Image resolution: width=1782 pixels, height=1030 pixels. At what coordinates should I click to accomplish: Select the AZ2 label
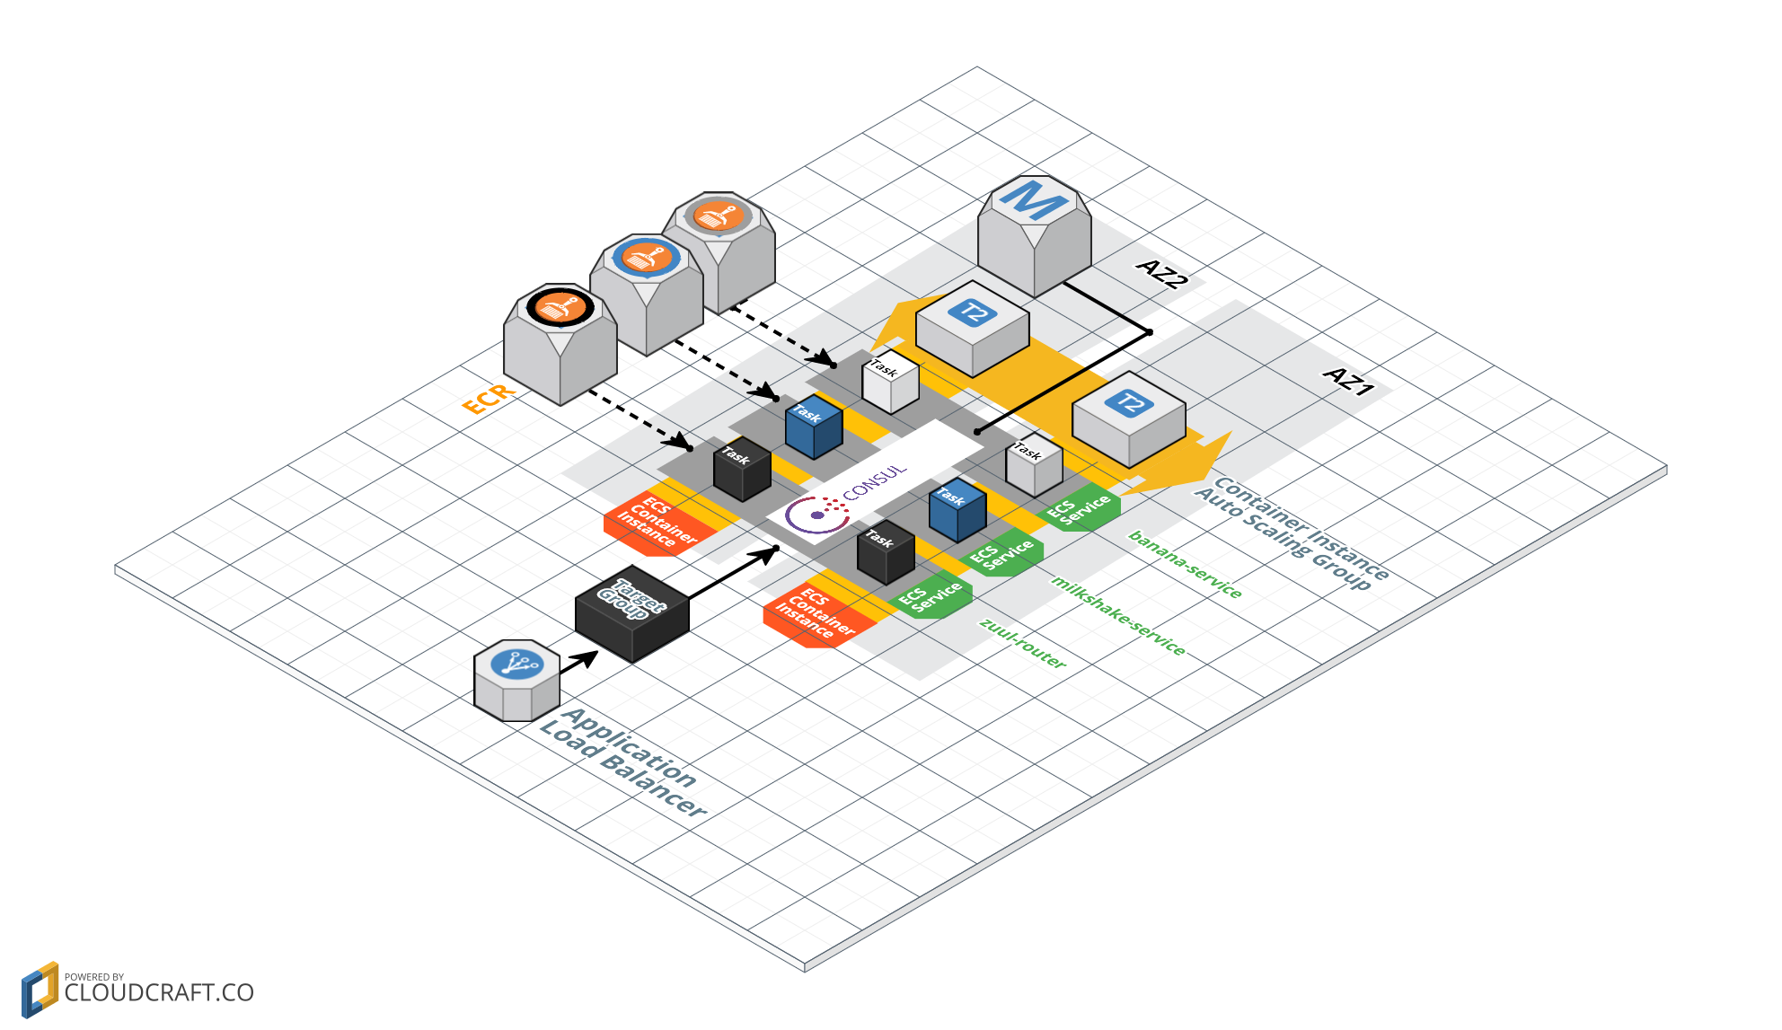tap(1162, 273)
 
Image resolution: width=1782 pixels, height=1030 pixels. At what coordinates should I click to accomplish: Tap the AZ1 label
tap(1349, 381)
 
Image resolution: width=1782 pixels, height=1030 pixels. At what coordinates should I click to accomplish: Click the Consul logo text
tap(873, 482)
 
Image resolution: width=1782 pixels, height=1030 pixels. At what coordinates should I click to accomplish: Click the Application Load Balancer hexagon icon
tap(516, 680)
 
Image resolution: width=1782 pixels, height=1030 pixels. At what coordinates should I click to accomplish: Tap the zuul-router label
tap(1022, 643)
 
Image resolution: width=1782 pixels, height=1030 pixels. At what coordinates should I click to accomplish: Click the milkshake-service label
tap(1118, 616)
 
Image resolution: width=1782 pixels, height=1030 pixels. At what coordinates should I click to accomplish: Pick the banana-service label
tap(1185, 564)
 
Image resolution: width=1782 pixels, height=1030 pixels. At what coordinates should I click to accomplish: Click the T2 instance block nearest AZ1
tap(1128, 418)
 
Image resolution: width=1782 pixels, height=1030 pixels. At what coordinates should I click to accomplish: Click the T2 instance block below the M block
tap(972, 328)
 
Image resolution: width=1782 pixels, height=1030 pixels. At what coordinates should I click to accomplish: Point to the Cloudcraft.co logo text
tap(158, 992)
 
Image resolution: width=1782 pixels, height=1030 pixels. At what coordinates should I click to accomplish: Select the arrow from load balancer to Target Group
tap(578, 663)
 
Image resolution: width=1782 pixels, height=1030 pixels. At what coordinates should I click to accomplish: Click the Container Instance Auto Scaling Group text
tap(1292, 533)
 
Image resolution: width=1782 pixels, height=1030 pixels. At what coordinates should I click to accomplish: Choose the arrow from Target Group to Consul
tap(732, 574)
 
